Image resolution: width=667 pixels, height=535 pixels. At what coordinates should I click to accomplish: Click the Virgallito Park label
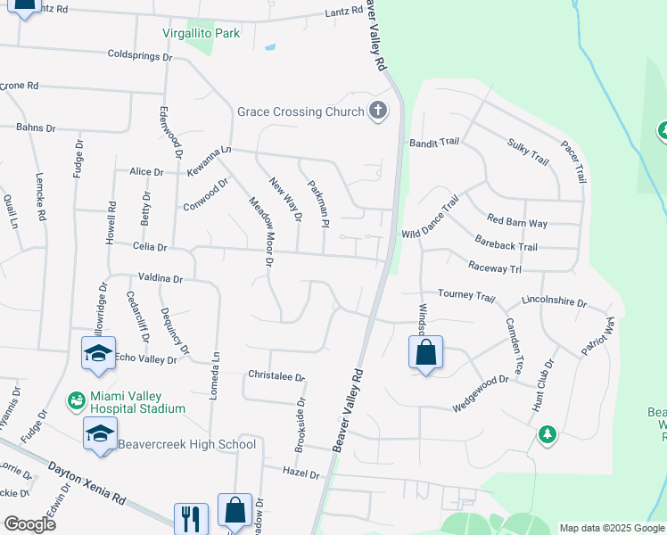click(x=202, y=33)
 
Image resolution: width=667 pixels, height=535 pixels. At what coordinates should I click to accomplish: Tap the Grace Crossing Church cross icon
click(x=378, y=111)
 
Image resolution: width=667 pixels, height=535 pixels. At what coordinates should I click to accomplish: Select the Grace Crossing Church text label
click(x=301, y=111)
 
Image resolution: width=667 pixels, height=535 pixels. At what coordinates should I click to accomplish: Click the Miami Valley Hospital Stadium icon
click(x=78, y=401)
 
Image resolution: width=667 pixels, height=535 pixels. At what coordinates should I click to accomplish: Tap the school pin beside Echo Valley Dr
click(x=98, y=354)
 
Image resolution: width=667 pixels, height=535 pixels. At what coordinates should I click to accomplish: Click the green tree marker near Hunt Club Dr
click(x=547, y=434)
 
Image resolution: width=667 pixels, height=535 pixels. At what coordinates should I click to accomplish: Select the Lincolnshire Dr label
click(x=554, y=302)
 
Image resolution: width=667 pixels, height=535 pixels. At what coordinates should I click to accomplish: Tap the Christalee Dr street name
click(x=276, y=376)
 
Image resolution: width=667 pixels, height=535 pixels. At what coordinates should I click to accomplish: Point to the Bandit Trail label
click(x=433, y=143)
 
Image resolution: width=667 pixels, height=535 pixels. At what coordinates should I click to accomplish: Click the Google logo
click(x=29, y=523)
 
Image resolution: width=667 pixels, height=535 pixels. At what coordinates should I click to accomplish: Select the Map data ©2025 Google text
click(x=611, y=528)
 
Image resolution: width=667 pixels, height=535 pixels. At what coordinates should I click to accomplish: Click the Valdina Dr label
click(x=160, y=279)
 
